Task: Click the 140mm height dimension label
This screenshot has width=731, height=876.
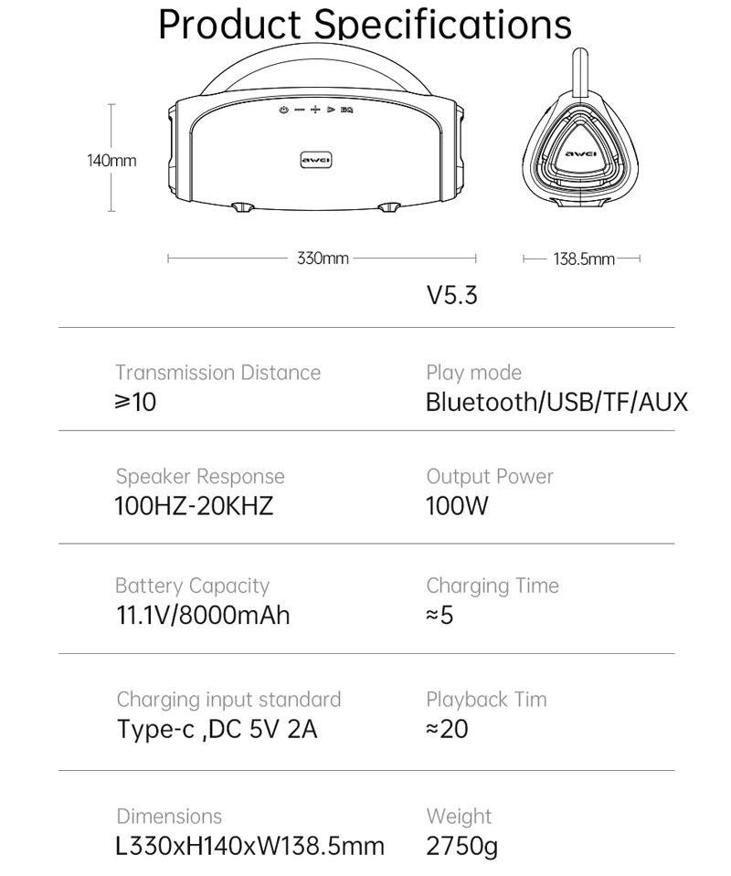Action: point(111,161)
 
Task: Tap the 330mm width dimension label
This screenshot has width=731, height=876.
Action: point(323,259)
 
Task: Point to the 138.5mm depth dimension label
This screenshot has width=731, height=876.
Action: point(584,259)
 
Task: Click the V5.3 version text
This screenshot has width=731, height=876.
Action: point(452,296)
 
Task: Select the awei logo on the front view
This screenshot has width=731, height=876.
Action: point(316,161)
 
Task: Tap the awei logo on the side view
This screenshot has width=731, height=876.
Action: point(580,154)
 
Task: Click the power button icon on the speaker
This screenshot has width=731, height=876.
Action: point(284,110)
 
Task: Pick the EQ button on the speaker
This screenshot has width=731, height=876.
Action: point(347,110)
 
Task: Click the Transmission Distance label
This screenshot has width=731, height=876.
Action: point(218,373)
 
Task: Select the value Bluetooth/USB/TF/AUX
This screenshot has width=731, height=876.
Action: point(556,402)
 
